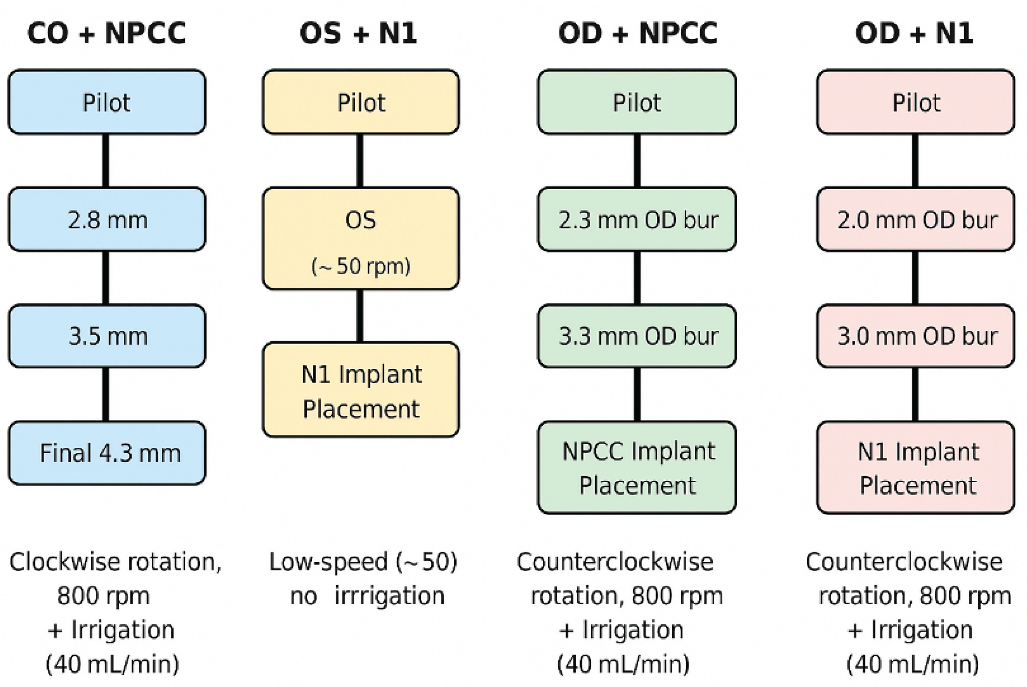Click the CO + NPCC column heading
(x=107, y=34)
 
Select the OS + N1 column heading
(x=358, y=34)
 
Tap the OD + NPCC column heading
(x=638, y=34)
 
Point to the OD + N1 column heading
(x=914, y=34)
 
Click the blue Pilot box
(x=107, y=102)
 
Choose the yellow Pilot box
(x=361, y=102)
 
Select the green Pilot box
(x=637, y=102)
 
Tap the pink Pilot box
(x=916, y=102)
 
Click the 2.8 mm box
(x=107, y=220)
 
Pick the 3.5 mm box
(x=107, y=336)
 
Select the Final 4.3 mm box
(x=107, y=453)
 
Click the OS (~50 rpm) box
(x=361, y=239)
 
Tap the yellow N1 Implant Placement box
(x=361, y=390)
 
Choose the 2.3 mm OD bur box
(x=637, y=220)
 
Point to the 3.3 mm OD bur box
(x=637, y=336)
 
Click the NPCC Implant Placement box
(x=637, y=468)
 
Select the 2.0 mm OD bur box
(x=916, y=220)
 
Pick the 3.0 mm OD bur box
(x=916, y=336)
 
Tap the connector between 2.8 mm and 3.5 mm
(x=106, y=278)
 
